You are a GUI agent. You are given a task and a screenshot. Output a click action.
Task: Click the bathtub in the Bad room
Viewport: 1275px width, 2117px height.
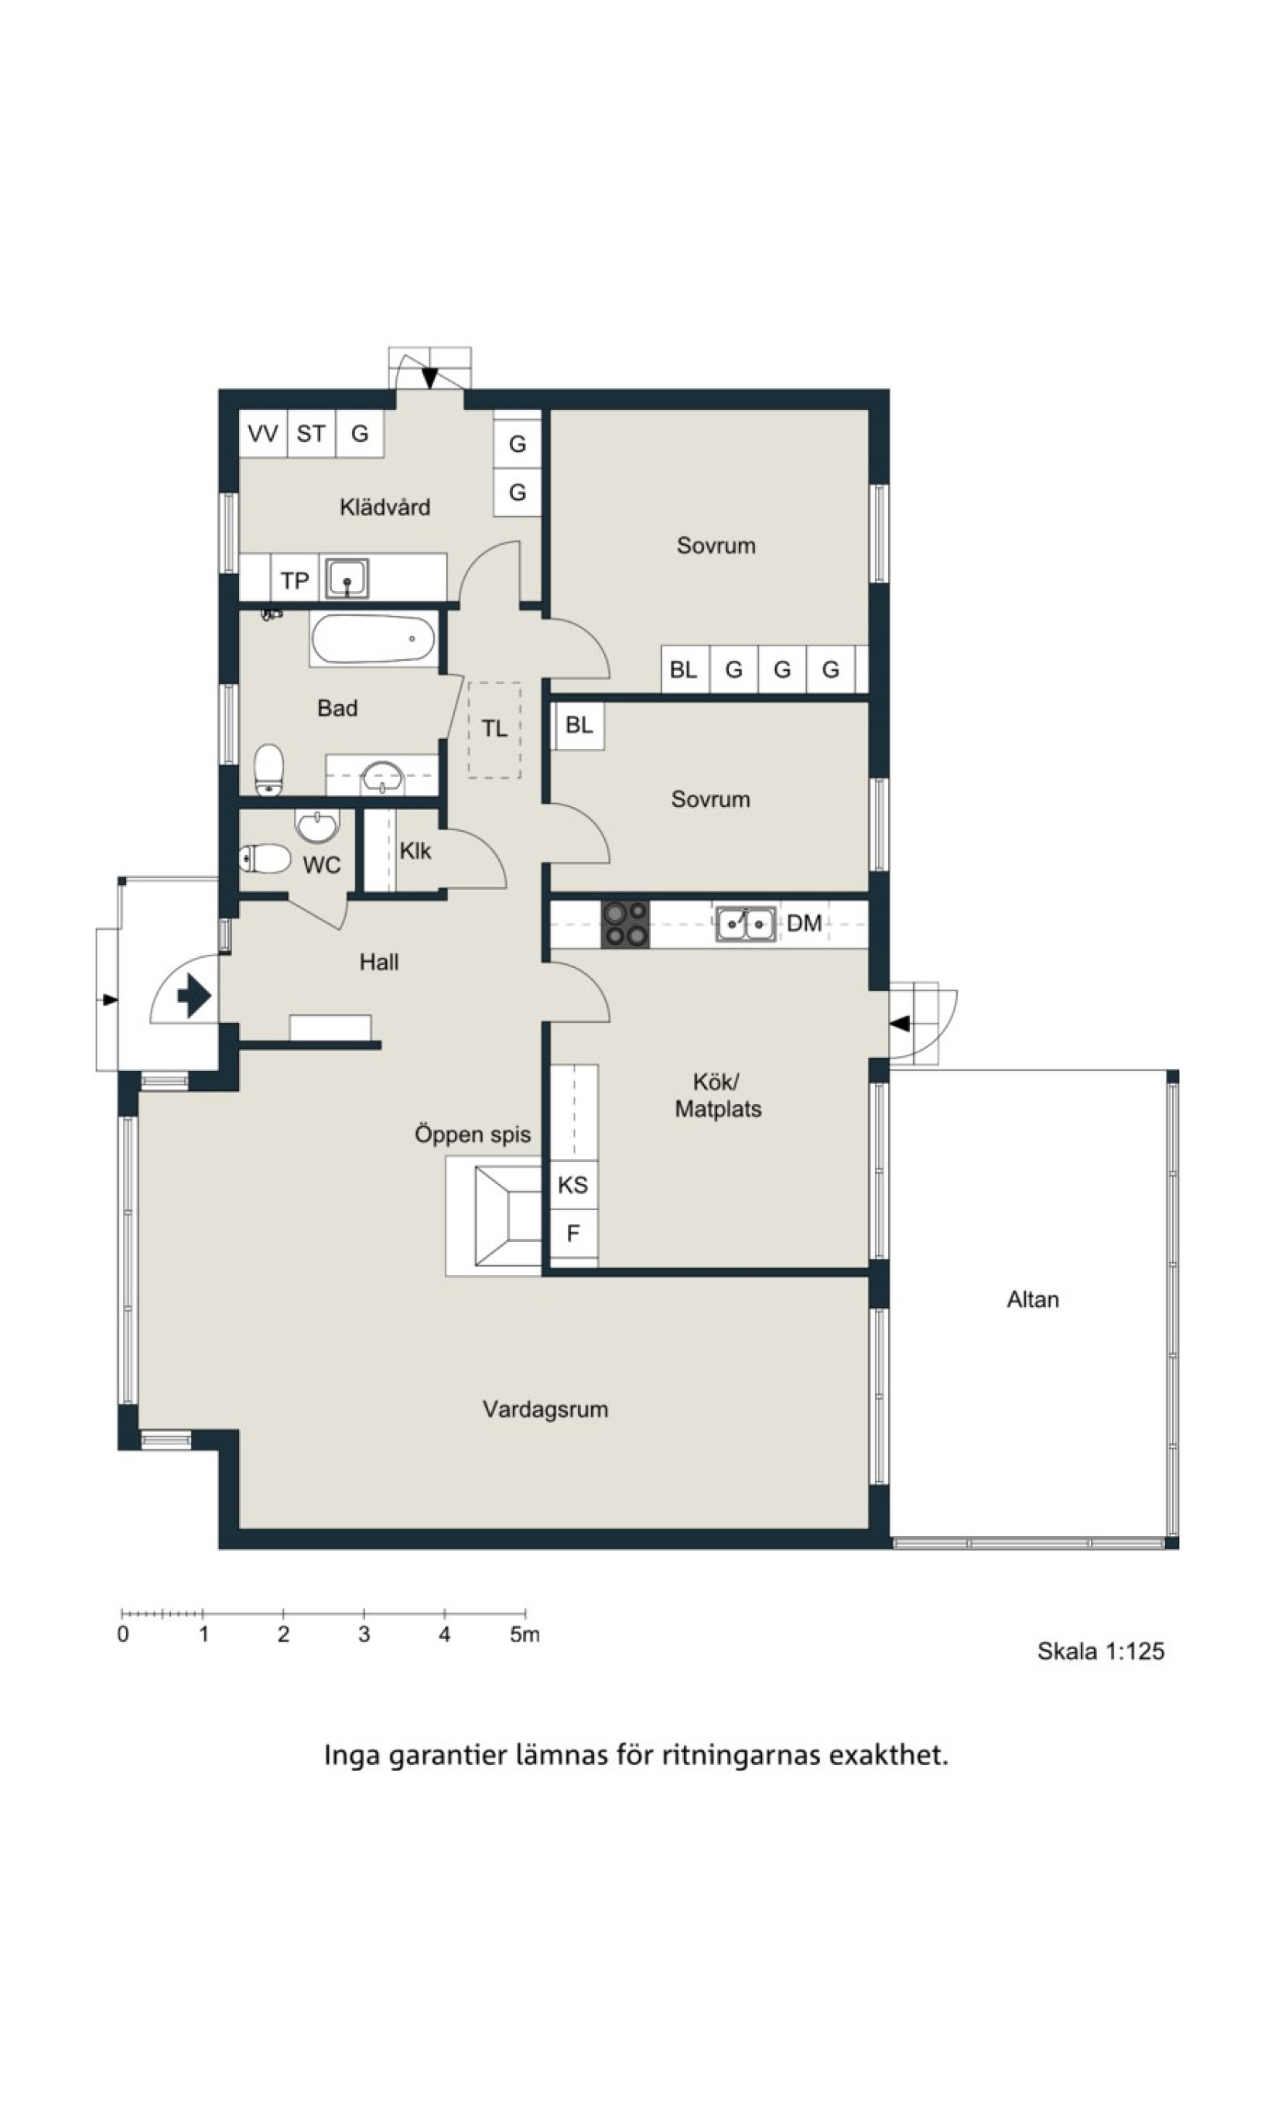click(373, 638)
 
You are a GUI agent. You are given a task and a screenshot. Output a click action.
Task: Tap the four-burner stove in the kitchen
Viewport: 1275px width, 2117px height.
click(624, 924)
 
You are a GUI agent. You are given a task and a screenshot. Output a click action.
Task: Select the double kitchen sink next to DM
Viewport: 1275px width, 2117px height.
click(746, 924)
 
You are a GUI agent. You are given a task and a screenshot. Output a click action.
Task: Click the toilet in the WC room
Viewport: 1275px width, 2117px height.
click(265, 858)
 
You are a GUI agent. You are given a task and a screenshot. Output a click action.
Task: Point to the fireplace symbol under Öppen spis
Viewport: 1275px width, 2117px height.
click(508, 1216)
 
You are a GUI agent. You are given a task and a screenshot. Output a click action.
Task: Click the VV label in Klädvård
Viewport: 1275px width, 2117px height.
click(263, 434)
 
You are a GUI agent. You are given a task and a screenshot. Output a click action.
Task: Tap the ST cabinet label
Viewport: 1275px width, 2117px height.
click(311, 434)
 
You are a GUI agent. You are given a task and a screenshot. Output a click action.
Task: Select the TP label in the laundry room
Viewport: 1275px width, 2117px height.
click(295, 581)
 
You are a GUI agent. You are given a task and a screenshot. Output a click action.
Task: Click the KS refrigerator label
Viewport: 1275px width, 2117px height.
click(573, 1185)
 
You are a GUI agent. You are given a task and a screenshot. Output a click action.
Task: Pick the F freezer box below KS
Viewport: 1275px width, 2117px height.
click(573, 1235)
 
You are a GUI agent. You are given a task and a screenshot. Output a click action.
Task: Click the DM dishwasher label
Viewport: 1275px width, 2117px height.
click(804, 924)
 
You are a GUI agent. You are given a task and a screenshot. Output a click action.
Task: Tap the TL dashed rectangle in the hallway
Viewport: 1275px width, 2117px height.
click(494, 730)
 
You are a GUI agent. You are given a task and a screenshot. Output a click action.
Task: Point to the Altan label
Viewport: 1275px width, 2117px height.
click(1033, 1299)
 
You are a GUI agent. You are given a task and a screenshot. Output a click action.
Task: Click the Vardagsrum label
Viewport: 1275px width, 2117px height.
click(545, 1409)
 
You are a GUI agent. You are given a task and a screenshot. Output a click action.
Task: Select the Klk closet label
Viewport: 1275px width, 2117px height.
click(415, 851)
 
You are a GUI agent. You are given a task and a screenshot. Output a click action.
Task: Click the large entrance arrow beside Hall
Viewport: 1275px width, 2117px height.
click(194, 997)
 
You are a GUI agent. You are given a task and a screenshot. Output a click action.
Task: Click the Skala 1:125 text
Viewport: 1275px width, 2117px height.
click(1101, 1651)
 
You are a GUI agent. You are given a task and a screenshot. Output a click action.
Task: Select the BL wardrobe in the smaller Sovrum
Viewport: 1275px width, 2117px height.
click(579, 725)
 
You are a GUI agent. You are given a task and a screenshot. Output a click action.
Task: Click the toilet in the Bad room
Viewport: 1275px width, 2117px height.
click(270, 770)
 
